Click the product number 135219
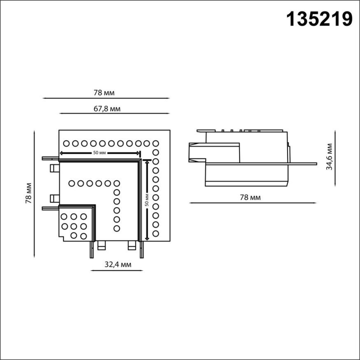[319, 19]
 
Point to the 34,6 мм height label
[330, 157]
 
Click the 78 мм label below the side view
[250, 197]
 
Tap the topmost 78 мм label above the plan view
[104, 93]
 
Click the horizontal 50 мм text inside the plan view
[99, 153]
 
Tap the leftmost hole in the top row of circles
[66, 143]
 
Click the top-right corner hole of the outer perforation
[156, 143]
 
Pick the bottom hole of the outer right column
[156, 234]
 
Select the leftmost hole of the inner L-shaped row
[72, 183]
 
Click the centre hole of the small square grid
[74, 226]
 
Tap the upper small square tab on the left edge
[53, 168]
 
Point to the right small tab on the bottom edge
[132, 245]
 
